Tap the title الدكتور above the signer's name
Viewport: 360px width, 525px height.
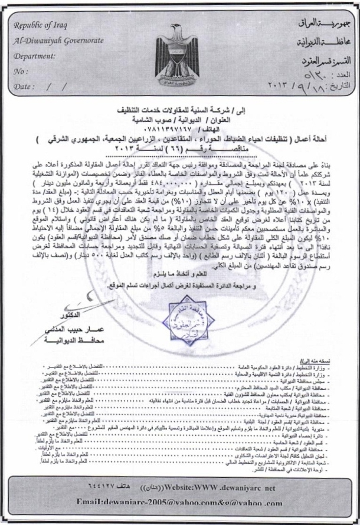pos(61,315)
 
